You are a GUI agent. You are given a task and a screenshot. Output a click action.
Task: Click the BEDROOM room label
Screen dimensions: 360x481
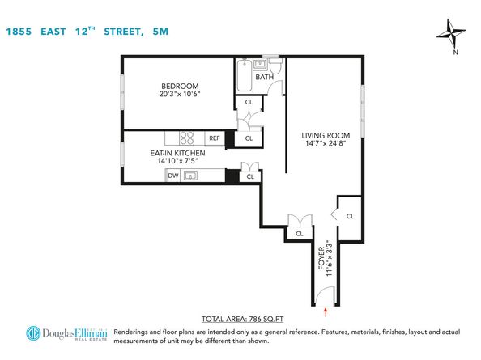point(180,86)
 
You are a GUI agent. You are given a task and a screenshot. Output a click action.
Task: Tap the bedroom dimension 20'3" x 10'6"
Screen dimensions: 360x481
point(180,95)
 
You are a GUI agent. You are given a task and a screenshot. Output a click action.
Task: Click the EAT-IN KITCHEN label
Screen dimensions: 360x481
point(177,153)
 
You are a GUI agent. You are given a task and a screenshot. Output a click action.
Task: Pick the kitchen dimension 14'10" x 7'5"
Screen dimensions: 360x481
point(177,161)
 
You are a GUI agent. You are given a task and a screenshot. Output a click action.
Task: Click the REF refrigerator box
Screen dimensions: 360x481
point(215,138)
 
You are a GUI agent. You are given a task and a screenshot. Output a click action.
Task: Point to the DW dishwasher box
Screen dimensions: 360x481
point(172,176)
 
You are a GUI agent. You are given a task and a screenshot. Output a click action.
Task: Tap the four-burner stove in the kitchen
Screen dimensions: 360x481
point(187,138)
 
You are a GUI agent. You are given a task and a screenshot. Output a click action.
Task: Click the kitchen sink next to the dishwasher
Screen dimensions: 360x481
point(191,176)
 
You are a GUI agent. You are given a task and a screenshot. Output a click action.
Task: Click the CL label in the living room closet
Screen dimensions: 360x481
point(349,216)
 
